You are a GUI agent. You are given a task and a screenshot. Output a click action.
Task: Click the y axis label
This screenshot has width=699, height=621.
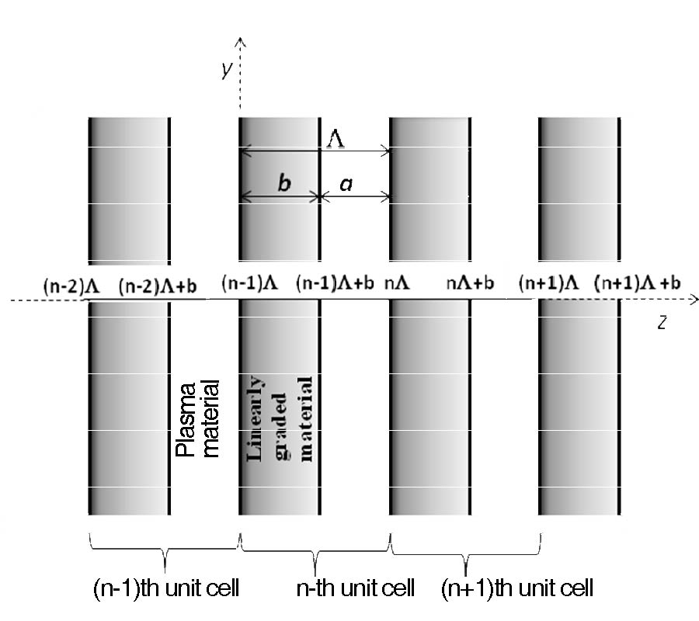[x=228, y=70]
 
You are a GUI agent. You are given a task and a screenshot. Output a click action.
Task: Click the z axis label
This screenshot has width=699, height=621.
[x=662, y=322]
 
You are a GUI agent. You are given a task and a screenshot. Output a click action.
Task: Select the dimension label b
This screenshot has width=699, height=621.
[x=284, y=182]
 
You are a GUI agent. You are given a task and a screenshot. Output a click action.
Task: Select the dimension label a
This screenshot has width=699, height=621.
[x=346, y=183]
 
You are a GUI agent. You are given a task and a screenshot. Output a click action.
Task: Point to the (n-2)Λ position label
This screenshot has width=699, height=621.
[x=71, y=286]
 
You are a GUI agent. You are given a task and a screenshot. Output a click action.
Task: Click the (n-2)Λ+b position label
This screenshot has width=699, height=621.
[x=158, y=286]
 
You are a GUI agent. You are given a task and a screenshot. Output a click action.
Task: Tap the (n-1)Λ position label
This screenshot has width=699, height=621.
[x=249, y=283]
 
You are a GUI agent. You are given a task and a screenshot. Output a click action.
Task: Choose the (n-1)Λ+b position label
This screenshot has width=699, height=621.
[x=335, y=283]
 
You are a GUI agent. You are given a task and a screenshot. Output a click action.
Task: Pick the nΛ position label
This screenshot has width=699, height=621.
[x=397, y=283]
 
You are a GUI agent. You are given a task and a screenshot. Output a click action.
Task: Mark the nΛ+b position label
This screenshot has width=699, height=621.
[x=471, y=283]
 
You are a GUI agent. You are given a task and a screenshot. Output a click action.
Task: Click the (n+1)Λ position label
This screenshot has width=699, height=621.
[x=548, y=283]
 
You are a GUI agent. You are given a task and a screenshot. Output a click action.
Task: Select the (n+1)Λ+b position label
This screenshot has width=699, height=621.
[x=638, y=283]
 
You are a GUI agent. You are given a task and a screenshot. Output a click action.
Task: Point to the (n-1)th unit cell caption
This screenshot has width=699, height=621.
[x=166, y=588]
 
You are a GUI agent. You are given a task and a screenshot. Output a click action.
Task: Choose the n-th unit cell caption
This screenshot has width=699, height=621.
[x=355, y=588]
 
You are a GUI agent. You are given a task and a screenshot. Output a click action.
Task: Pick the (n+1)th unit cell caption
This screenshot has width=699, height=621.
[x=517, y=588]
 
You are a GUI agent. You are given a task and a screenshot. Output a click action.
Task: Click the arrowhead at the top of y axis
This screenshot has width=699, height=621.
[x=240, y=38]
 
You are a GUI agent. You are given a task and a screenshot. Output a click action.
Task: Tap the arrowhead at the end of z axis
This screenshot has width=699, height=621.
[x=697, y=300]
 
